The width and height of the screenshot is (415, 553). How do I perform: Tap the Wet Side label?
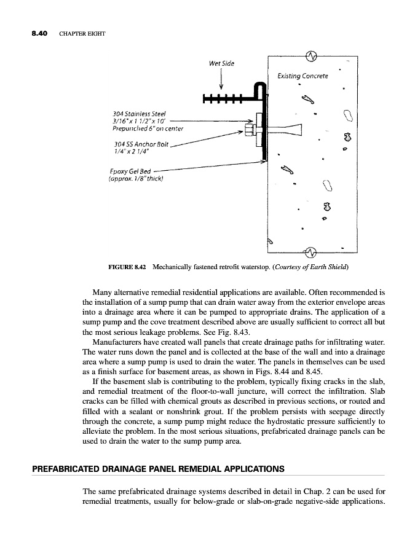click(221, 63)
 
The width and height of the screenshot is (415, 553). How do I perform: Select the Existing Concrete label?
click(302, 76)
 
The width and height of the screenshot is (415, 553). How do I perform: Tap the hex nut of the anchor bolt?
click(250, 130)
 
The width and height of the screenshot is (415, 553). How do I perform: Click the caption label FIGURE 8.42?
click(127, 268)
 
